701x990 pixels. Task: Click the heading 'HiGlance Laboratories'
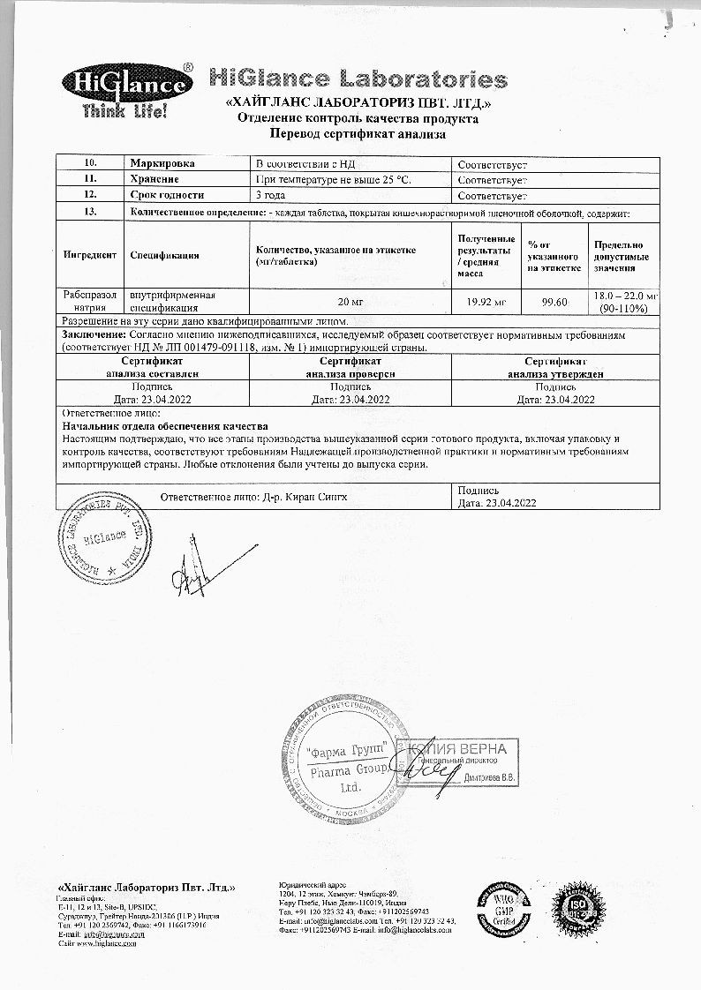click(x=358, y=79)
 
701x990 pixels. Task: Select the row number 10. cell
click(x=89, y=164)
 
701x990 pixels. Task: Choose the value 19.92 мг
click(x=485, y=303)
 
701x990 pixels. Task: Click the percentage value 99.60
click(x=554, y=303)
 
